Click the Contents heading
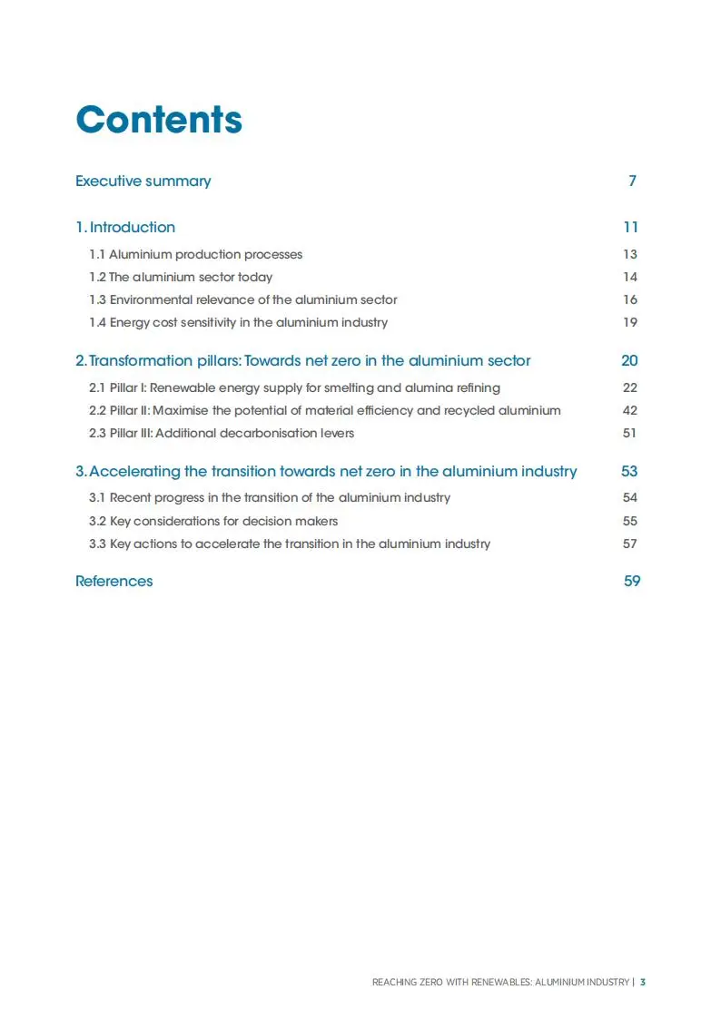tap(159, 120)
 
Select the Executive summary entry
tap(143, 181)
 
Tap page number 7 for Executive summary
tap(632, 181)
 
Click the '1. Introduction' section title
tap(125, 227)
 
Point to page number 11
tap(630, 227)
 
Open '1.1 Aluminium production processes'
tap(195, 254)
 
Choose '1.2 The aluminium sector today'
tap(180, 277)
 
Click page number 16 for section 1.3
tap(630, 299)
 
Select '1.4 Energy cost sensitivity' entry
tap(238, 322)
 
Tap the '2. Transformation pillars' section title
tap(302, 360)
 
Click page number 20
tap(629, 360)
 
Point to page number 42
tap(630, 410)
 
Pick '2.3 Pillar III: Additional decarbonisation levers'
tap(222, 433)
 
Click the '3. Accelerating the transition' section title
tap(326, 471)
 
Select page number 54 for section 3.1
tap(630, 497)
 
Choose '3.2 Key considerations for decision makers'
tap(213, 521)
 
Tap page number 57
tap(630, 544)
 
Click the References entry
tap(114, 581)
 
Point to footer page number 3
tap(643, 982)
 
